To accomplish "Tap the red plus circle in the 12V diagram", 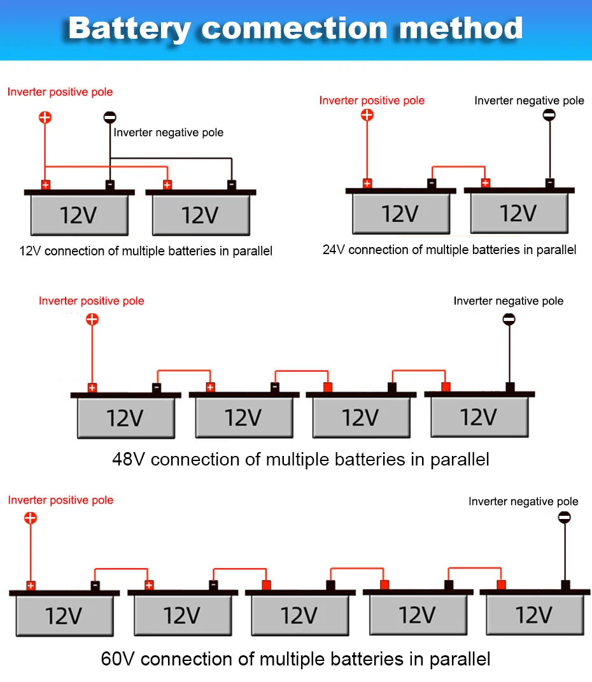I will pyautogui.click(x=45, y=117).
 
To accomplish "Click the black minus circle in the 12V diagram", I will pyautogui.click(x=110, y=117).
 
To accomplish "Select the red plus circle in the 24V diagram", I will pyautogui.click(x=367, y=115).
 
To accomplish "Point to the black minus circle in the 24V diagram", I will pyautogui.click(x=549, y=115).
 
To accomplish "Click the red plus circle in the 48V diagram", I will pyautogui.click(x=92, y=319).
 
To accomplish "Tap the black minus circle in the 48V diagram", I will pyautogui.click(x=509, y=319).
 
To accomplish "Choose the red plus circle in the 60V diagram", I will pyautogui.click(x=31, y=518).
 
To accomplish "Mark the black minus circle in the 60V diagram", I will pyautogui.click(x=564, y=518).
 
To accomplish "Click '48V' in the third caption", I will pyautogui.click(x=129, y=459).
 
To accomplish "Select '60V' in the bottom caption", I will pyautogui.click(x=118, y=658).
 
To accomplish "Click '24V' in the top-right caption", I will pyautogui.click(x=334, y=250).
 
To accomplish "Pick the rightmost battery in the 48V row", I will pyautogui.click(x=479, y=417).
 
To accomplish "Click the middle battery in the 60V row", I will pyautogui.click(x=300, y=615).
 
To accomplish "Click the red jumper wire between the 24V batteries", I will pyautogui.click(x=458, y=167).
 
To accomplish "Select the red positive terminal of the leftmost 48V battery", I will pyautogui.click(x=92, y=388).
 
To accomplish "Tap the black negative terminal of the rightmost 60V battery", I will pyautogui.click(x=565, y=585).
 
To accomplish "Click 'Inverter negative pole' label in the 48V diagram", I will pyautogui.click(x=508, y=301).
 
